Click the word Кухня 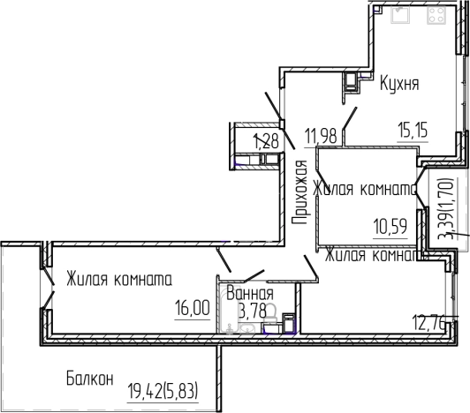coord(399,85)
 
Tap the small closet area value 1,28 coord(266,139)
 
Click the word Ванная coord(249,293)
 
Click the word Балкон coord(90,379)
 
